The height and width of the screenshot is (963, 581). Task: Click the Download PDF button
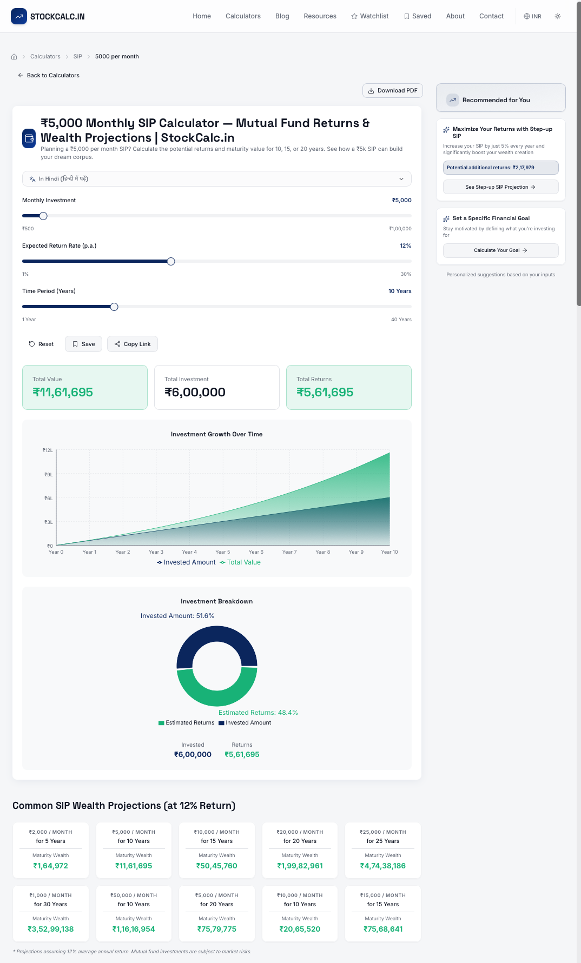(x=392, y=91)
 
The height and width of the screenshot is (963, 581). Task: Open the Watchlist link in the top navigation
(x=369, y=16)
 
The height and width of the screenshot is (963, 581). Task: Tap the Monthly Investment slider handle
(x=43, y=216)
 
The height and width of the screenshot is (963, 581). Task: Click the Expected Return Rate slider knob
(x=171, y=261)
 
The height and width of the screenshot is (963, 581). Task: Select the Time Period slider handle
(x=114, y=307)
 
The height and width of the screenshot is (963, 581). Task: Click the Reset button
(x=41, y=344)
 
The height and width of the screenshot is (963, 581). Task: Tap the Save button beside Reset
(x=83, y=344)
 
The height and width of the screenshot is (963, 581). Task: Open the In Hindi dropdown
(x=216, y=179)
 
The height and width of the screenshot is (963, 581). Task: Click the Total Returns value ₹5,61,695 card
(x=348, y=388)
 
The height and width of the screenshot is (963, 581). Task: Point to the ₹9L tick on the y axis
(x=49, y=475)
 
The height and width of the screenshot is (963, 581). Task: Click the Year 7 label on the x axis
(x=289, y=552)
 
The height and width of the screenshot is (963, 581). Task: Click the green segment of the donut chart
(x=216, y=692)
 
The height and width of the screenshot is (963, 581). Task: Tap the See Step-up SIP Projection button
(x=500, y=187)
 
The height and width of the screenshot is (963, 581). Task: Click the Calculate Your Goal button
(x=500, y=250)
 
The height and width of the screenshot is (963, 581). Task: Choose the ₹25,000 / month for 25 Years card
(x=382, y=850)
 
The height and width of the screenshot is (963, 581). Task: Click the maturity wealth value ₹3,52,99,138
(x=51, y=929)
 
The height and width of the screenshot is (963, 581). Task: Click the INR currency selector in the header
(x=532, y=16)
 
